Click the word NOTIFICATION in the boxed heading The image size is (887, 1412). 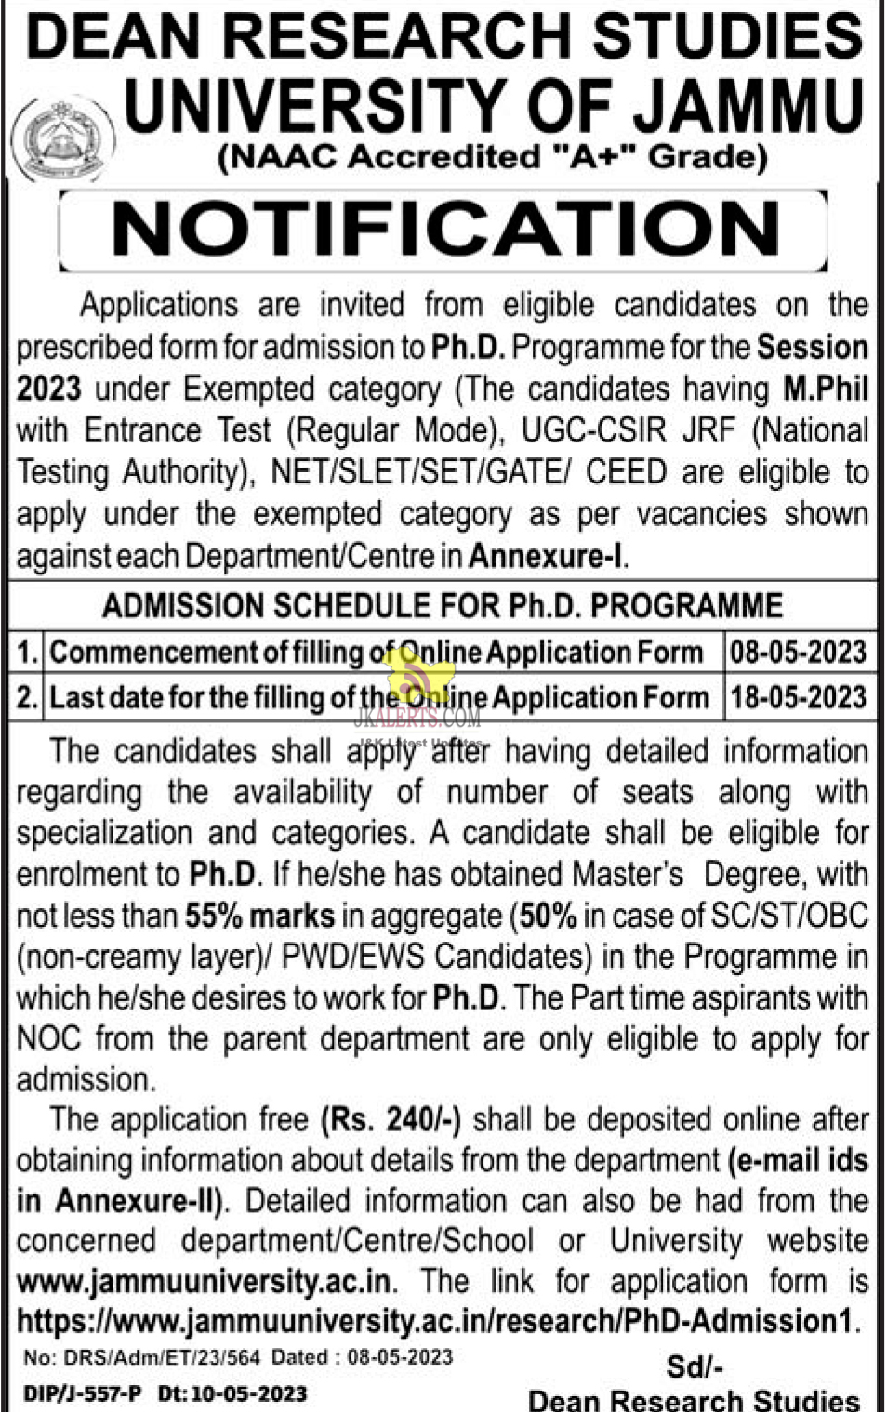click(x=444, y=229)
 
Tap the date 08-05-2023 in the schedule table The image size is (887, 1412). click(x=798, y=653)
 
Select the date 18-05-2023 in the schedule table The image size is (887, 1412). click(x=798, y=697)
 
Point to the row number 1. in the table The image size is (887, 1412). click(x=27, y=653)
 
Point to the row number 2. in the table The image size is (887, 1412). click(x=27, y=697)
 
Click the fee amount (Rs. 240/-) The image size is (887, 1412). click(x=391, y=1119)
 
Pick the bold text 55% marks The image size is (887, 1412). click(x=259, y=916)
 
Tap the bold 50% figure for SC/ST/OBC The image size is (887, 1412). click(x=548, y=916)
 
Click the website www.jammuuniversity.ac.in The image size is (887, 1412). click(x=204, y=1281)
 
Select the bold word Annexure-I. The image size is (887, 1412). click(x=546, y=556)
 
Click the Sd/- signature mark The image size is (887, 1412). click(x=695, y=1366)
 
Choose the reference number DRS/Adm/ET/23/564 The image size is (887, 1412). click(x=162, y=1357)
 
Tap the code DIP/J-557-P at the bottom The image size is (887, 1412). click(x=83, y=1393)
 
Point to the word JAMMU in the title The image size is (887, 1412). click(x=748, y=105)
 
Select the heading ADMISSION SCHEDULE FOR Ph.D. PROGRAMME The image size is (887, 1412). click(x=443, y=606)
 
